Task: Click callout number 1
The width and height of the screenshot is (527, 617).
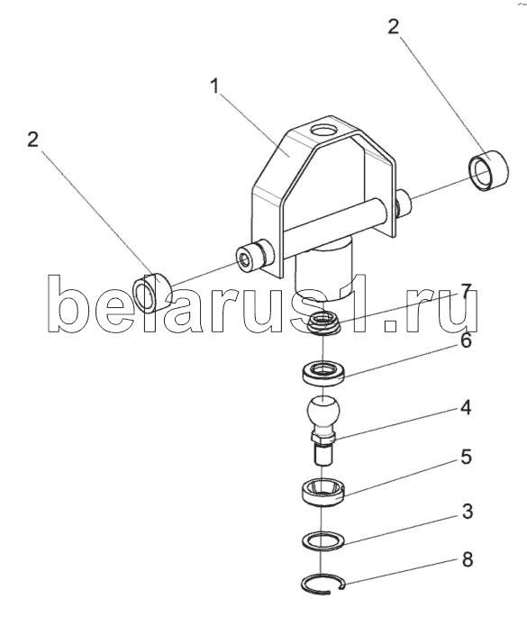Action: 214,86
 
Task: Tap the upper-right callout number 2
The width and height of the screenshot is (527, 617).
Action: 393,27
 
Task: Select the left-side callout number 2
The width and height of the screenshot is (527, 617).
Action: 33,140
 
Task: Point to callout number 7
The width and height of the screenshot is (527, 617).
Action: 466,292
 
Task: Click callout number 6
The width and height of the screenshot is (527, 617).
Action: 466,340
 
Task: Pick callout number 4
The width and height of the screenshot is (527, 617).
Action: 466,408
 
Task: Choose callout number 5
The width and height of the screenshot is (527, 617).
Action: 466,458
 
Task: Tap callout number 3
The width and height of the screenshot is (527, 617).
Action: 468,512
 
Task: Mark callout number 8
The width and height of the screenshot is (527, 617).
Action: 468,559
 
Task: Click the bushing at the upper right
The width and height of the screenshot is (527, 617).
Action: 488,171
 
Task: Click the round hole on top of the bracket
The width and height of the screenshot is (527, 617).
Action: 324,130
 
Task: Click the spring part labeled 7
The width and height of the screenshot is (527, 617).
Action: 323,322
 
